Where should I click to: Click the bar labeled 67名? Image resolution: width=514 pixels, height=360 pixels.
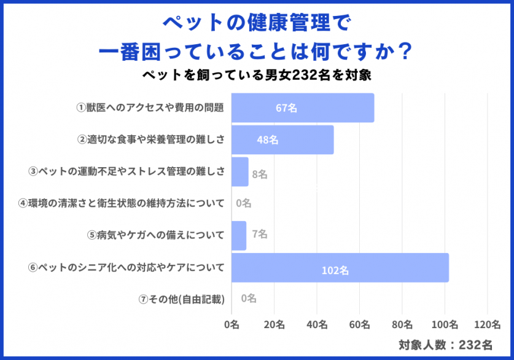(x=302, y=108)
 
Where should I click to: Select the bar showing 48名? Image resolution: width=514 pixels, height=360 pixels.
(x=282, y=140)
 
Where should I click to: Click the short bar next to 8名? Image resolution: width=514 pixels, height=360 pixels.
(x=239, y=172)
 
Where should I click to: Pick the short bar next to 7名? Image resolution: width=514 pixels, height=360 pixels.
(x=238, y=235)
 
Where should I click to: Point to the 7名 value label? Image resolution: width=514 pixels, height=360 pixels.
(x=259, y=234)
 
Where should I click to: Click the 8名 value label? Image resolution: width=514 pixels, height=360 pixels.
(x=259, y=174)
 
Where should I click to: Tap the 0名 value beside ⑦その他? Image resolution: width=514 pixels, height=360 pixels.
(x=249, y=299)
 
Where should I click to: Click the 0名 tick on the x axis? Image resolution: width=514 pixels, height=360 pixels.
(x=232, y=324)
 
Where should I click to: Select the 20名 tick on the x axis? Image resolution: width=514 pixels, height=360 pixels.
(x=274, y=324)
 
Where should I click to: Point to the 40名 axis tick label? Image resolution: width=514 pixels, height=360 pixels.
(x=317, y=324)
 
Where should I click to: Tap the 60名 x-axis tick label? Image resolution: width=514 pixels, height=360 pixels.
(x=359, y=324)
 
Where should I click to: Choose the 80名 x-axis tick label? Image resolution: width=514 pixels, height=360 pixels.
(x=402, y=324)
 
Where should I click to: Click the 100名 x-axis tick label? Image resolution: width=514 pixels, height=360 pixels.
(x=445, y=324)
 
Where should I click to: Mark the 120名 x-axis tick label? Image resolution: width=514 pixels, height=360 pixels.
(x=487, y=324)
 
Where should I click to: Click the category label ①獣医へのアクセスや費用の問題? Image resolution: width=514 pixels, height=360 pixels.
(x=149, y=108)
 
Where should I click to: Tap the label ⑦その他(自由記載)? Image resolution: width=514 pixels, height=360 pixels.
(x=182, y=299)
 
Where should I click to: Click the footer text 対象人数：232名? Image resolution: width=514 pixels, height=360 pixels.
(x=445, y=345)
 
